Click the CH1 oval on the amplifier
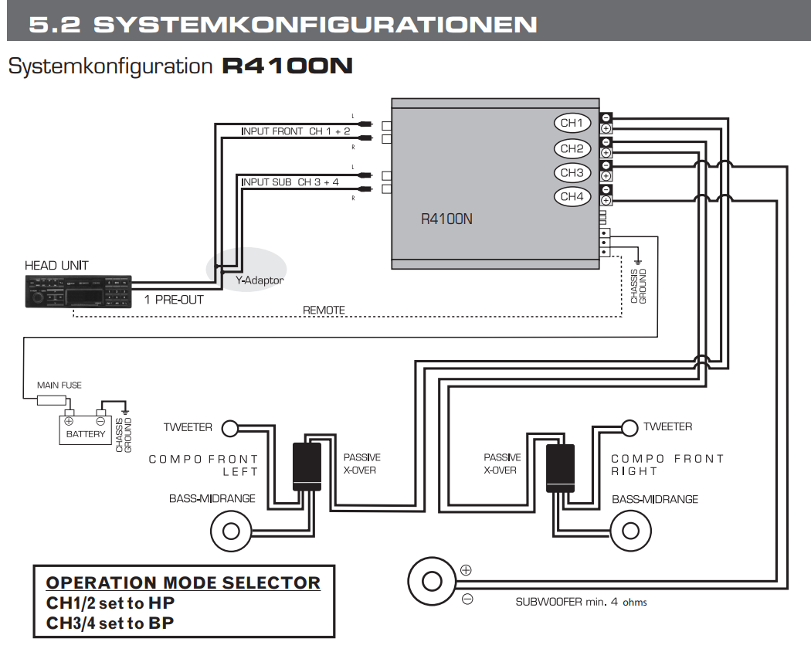click(x=572, y=123)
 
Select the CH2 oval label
click(x=572, y=148)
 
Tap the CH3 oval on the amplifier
click(x=572, y=173)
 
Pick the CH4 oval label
click(x=572, y=197)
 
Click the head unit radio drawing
click(x=78, y=292)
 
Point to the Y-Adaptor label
click(x=259, y=280)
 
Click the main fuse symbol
click(x=51, y=400)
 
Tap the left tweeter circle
click(x=229, y=427)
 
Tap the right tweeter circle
click(x=630, y=426)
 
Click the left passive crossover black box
click(x=307, y=467)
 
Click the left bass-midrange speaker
click(x=230, y=531)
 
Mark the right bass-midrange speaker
click(x=631, y=531)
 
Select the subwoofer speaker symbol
click(x=432, y=581)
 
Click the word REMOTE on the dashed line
click(x=324, y=311)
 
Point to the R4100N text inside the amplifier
click(x=446, y=219)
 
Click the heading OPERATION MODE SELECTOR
click(x=183, y=582)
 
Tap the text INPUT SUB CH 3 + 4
click(x=290, y=182)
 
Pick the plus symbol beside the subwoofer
click(x=466, y=571)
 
